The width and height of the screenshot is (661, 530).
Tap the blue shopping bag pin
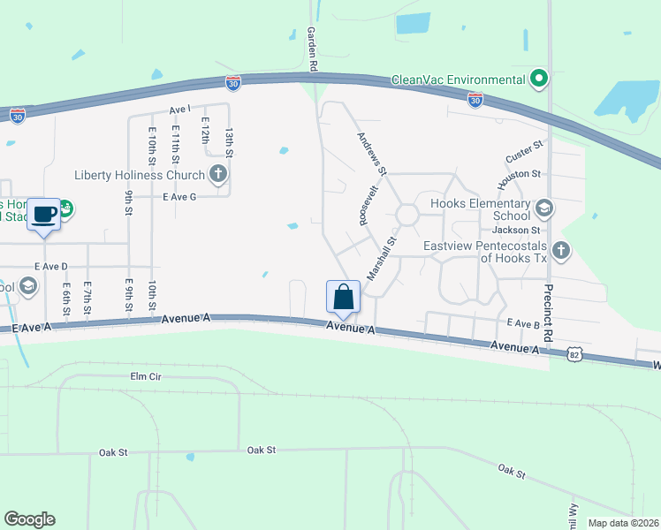coord(343,297)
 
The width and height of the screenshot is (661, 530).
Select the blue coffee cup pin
coord(44,214)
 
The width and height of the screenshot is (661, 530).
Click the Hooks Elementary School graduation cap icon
coord(543,208)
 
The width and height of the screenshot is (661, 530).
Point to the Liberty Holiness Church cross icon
coord(217,174)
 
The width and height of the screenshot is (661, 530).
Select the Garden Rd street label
coord(312,48)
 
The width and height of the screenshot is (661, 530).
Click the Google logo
coord(29,519)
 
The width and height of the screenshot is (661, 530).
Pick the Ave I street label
coord(180,110)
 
